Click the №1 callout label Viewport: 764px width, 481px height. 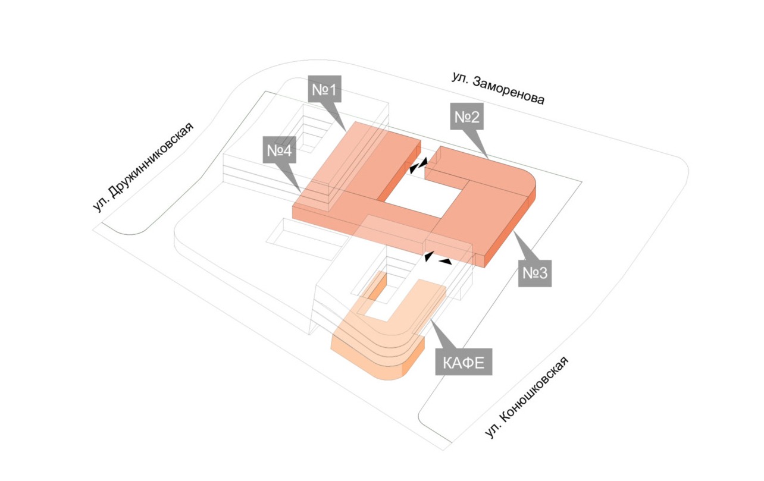pyautogui.click(x=325, y=90)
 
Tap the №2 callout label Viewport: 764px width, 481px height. pyautogui.click(x=467, y=118)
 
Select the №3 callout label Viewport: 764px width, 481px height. pyautogui.click(x=535, y=272)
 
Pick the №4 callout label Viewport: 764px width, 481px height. pyautogui.click(x=278, y=150)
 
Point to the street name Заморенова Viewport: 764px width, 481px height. pyautogui.click(x=509, y=93)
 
